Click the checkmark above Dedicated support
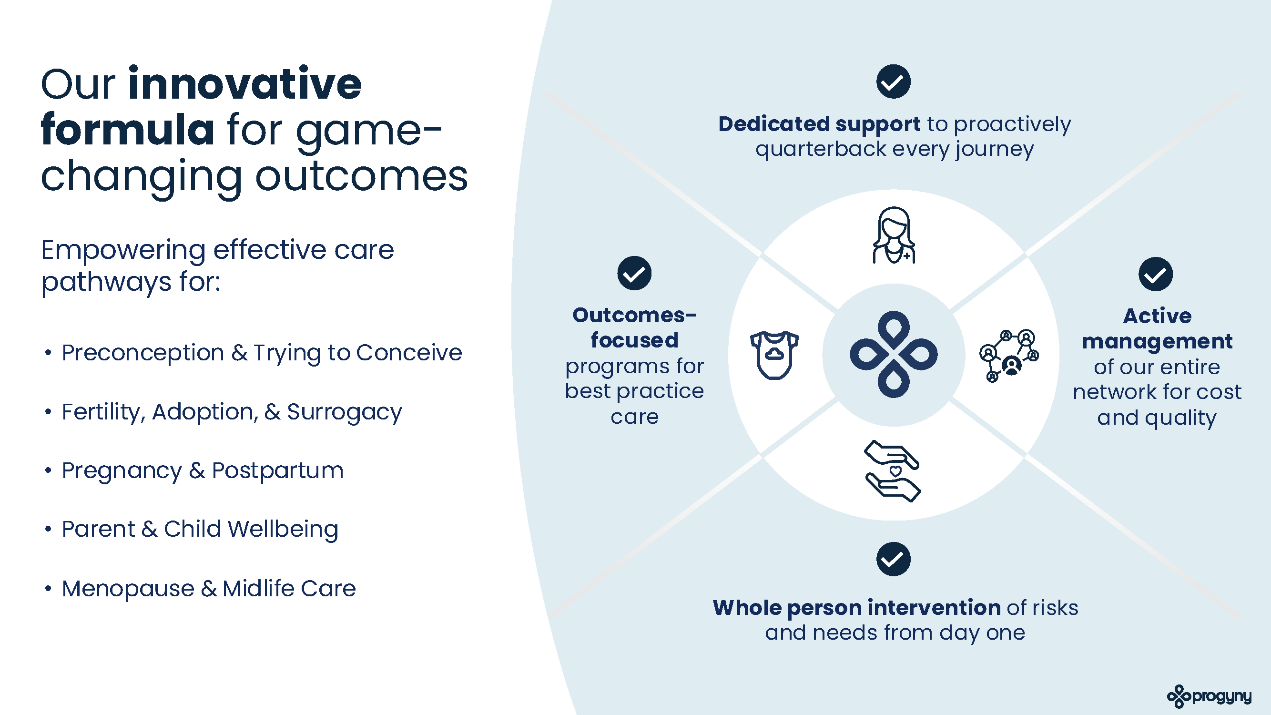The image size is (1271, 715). click(x=893, y=82)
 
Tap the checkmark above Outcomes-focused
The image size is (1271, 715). click(x=634, y=273)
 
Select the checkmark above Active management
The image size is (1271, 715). click(x=1156, y=275)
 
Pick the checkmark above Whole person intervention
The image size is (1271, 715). click(x=893, y=559)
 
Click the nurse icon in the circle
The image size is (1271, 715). click(x=894, y=235)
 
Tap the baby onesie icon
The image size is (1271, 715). click(x=774, y=355)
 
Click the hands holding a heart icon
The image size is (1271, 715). click(x=892, y=471)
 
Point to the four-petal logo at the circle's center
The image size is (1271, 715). click(x=894, y=354)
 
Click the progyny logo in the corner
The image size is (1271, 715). click(x=1210, y=696)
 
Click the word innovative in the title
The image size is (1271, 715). click(x=245, y=84)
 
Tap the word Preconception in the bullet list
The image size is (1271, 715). click(x=143, y=352)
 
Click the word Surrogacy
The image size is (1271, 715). click(x=345, y=412)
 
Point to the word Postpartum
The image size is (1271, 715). click(x=278, y=471)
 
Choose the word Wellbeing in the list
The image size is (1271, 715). click(x=283, y=530)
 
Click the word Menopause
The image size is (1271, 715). click(x=128, y=588)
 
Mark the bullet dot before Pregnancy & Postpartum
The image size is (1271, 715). click(x=48, y=471)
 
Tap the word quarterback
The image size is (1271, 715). click(x=821, y=149)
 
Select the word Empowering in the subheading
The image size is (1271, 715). click(x=123, y=251)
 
